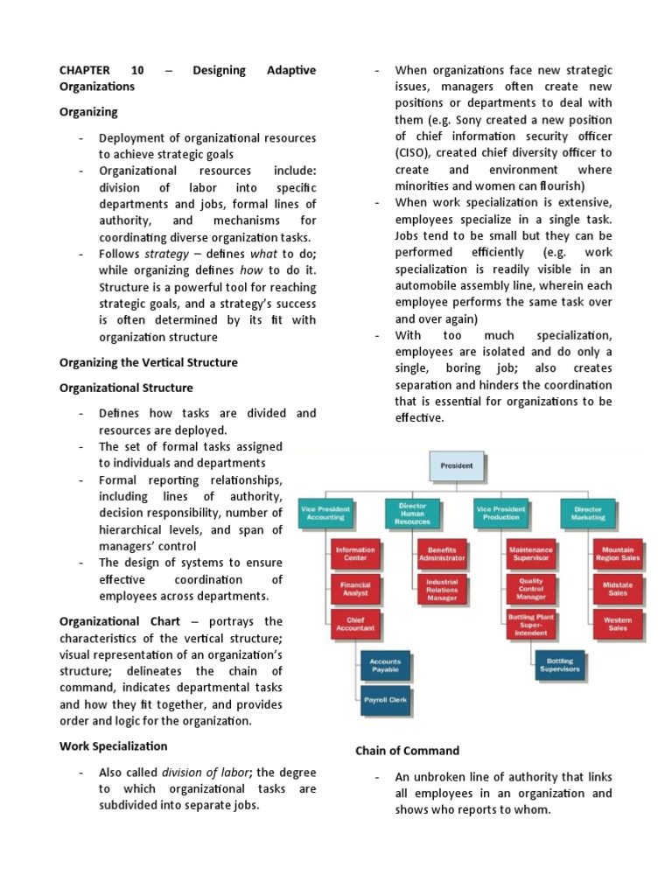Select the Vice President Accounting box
[325, 513]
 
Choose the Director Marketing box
[588, 513]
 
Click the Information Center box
[355, 554]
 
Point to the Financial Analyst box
[355, 589]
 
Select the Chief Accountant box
[355, 623]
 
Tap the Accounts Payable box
[384, 664]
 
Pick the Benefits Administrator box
[442, 554]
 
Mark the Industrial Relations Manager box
[442, 589]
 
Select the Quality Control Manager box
[531, 589]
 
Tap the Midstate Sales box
[618, 589]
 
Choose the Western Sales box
[618, 623]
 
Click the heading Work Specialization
[113, 746]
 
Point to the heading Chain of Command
[407, 751]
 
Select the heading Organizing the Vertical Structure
[148, 362]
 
